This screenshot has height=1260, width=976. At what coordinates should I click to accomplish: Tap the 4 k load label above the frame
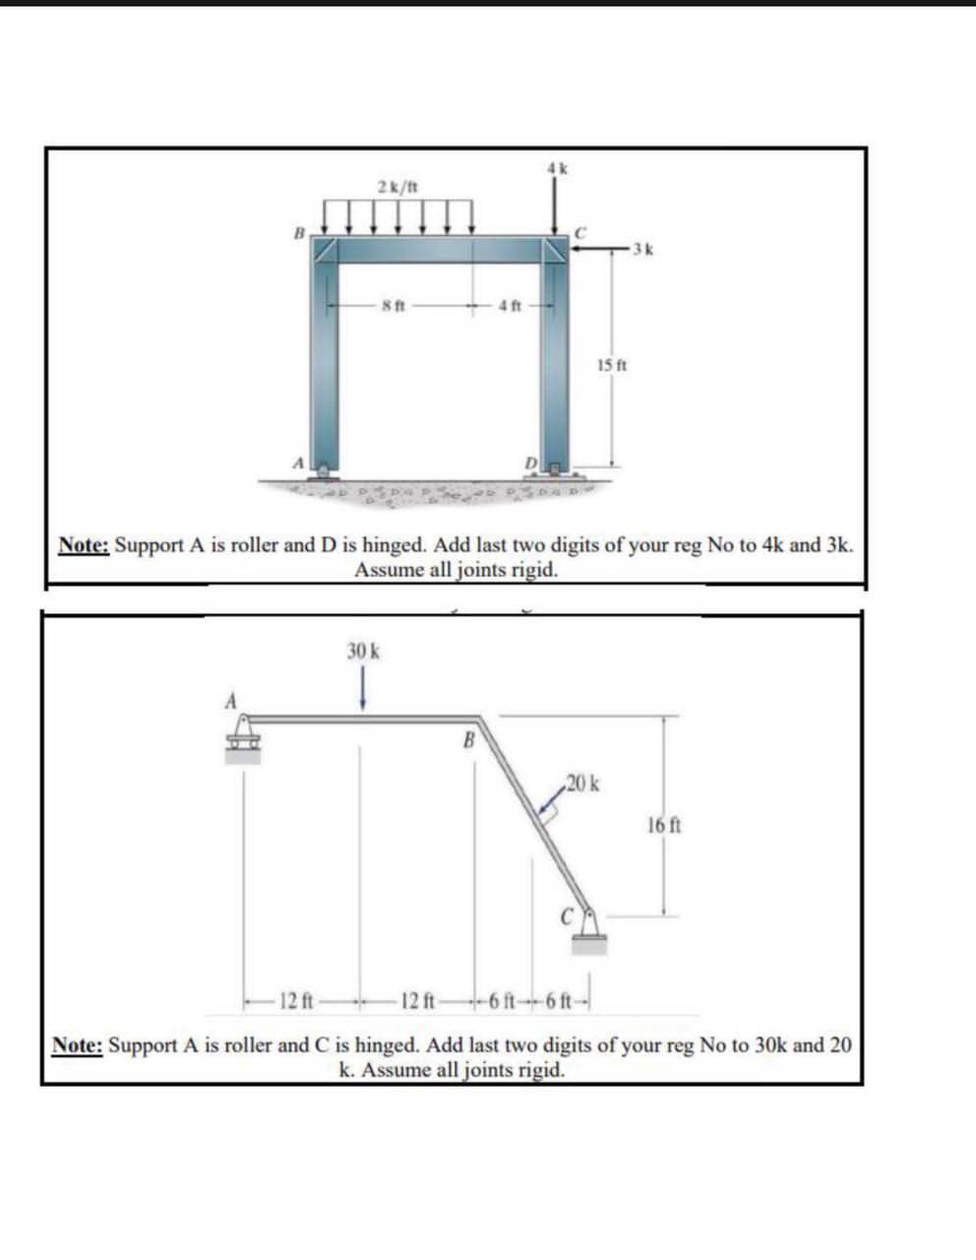click(557, 167)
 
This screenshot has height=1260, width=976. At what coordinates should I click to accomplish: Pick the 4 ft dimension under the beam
click(505, 304)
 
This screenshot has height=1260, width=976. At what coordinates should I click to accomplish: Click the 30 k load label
click(363, 651)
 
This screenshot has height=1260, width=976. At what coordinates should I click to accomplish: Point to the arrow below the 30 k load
click(363, 688)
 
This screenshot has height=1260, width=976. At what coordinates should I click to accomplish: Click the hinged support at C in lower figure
click(589, 931)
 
